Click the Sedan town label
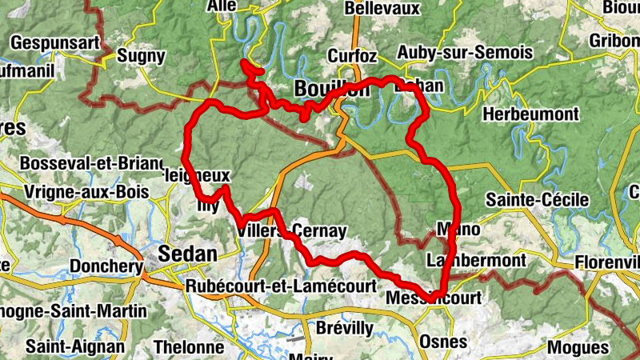(x=188, y=254)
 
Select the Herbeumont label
(x=530, y=114)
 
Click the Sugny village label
(x=141, y=56)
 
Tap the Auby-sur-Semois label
(x=465, y=53)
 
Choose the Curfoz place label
(x=352, y=56)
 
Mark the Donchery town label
(x=105, y=266)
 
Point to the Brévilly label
(x=344, y=328)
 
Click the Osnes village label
(x=442, y=342)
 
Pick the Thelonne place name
(x=188, y=347)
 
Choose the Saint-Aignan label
(x=75, y=346)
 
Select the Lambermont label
(x=477, y=261)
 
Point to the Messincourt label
(x=434, y=298)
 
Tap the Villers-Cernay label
(x=292, y=231)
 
